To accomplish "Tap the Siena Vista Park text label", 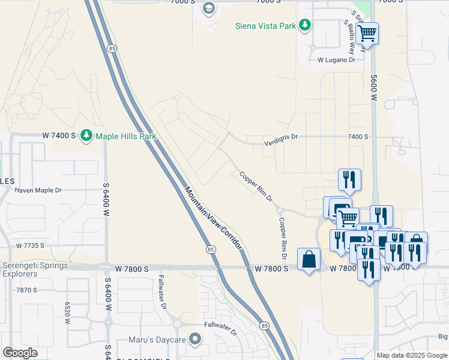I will (x=266, y=25).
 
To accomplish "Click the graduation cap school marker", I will (x=209, y=8).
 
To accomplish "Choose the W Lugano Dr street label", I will (x=336, y=60).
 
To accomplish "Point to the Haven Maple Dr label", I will (x=38, y=190).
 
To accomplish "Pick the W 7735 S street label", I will (x=31, y=246).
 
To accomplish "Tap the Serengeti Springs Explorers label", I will (x=35, y=269).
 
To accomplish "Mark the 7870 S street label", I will (x=27, y=290).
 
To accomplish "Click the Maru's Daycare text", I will (x=157, y=340).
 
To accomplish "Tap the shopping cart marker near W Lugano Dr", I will (x=367, y=33).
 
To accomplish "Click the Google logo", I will (x=20, y=353).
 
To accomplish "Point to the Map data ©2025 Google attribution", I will (x=412, y=355).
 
